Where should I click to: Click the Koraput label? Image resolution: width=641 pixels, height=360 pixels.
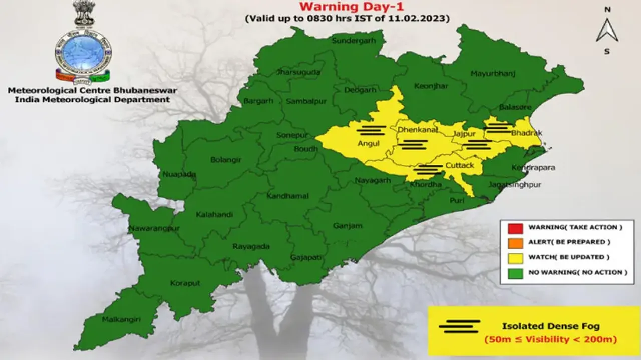tap(185, 283)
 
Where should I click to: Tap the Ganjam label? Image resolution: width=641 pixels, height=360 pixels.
tap(348, 226)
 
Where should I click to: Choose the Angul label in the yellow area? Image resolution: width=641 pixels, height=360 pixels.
tap(368, 144)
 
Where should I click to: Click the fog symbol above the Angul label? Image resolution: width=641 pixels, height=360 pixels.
tap(371, 130)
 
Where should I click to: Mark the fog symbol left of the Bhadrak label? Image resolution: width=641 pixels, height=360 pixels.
tap(499, 128)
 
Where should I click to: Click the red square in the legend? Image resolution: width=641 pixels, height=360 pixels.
tap(515, 228)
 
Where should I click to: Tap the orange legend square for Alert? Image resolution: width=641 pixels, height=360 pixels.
tap(515, 243)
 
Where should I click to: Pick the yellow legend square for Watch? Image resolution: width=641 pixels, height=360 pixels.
tap(515, 258)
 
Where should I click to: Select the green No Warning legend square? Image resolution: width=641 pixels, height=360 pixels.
tap(515, 273)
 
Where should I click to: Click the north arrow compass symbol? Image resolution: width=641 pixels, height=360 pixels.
tap(607, 30)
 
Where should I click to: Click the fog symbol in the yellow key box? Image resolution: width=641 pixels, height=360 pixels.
tap(459, 326)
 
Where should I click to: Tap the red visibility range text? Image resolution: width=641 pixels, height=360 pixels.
tap(550, 339)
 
